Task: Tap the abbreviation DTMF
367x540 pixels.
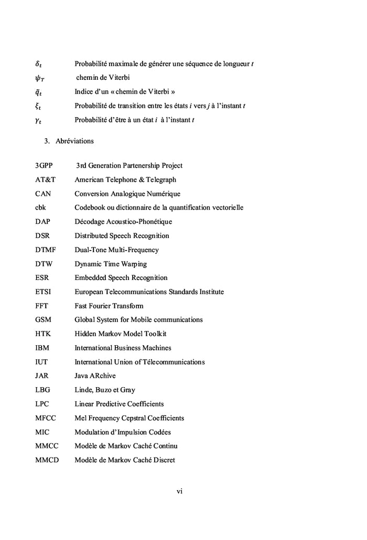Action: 45,250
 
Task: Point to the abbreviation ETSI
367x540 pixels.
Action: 43,292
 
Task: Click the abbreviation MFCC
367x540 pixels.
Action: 46,418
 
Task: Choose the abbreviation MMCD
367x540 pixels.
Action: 47,460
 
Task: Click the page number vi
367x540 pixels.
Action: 179,492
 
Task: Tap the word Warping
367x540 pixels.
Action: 134,264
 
